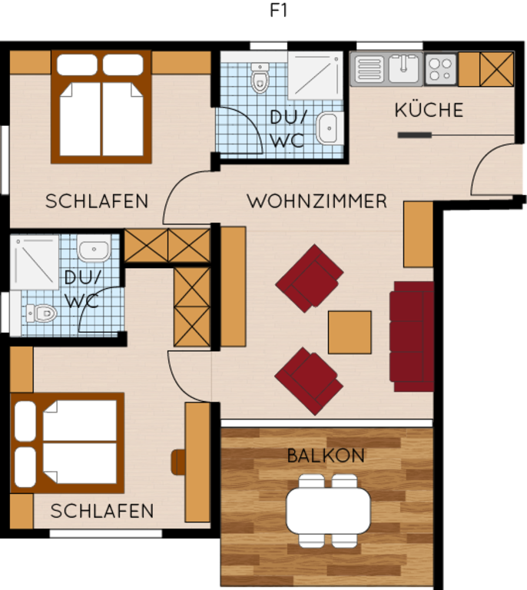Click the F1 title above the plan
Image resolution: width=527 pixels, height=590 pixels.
[278, 10]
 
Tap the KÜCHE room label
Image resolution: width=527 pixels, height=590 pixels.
[429, 110]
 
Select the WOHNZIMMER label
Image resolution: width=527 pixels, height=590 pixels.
[317, 201]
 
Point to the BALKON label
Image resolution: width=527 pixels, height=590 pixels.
[326, 456]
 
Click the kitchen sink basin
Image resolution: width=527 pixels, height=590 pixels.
[403, 68]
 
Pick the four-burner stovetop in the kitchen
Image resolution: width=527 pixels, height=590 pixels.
[440, 69]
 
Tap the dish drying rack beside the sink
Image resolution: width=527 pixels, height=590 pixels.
[369, 68]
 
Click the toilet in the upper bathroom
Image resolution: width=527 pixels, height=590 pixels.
[260, 78]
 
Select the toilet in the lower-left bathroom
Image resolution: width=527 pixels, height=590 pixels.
[41, 313]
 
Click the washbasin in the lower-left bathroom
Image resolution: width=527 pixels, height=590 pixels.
[94, 248]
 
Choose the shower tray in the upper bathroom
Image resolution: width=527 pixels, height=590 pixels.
[315, 75]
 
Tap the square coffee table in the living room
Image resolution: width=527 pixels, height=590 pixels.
[350, 332]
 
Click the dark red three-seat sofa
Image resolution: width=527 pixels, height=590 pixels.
[412, 336]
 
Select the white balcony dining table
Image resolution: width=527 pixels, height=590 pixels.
[328, 511]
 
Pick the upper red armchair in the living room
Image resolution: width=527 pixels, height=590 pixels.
[309, 278]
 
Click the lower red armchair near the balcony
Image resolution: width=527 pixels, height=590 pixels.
[309, 381]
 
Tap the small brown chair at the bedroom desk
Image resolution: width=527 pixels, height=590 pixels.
[178, 462]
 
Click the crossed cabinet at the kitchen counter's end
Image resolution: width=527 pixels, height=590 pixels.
[496, 69]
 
